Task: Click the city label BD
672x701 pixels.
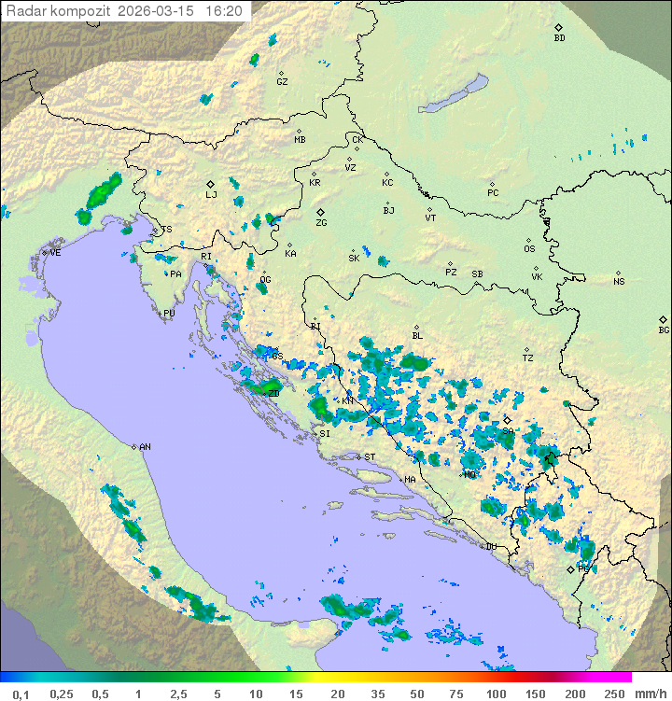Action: [559, 38]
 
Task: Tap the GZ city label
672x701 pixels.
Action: [282, 82]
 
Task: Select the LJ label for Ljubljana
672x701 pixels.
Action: [211, 195]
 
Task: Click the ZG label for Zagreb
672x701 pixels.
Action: [321, 223]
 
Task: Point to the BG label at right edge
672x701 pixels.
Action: [664, 329]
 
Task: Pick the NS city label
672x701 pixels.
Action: [619, 282]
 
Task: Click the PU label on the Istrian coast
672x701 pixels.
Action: [169, 314]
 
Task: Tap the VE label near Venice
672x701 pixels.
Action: [55, 253]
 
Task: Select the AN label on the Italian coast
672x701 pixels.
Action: [145, 447]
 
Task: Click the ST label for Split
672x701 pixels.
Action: [370, 456]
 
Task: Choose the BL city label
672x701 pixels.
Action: [417, 336]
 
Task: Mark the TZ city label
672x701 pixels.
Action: [528, 358]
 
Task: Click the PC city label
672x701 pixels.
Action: [493, 193]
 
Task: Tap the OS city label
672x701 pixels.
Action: [529, 249]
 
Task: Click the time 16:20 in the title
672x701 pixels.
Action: [224, 11]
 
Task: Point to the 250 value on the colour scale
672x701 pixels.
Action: [613, 694]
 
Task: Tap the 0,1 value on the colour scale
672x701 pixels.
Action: [21, 694]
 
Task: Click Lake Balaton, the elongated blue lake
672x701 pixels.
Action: [453, 94]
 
